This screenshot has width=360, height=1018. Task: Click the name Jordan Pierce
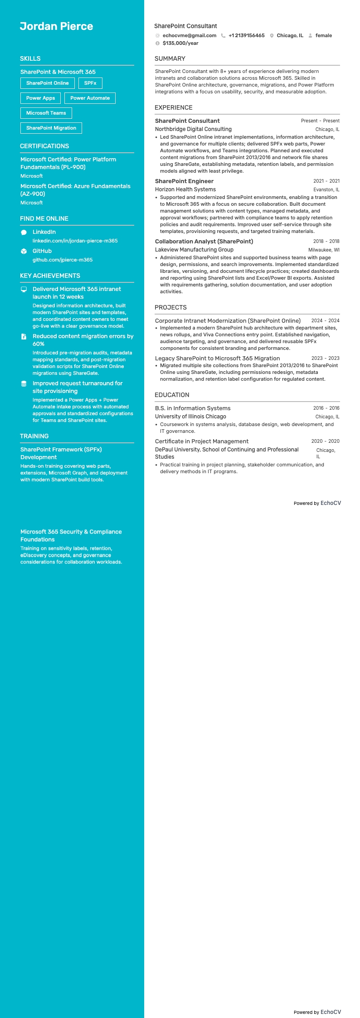click(56, 26)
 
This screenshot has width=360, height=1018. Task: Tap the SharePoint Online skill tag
click(48, 83)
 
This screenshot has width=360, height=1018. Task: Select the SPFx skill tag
click(90, 83)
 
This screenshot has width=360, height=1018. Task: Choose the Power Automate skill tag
click(90, 98)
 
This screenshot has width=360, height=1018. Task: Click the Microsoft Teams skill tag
click(46, 113)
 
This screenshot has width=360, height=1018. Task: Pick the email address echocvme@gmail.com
click(189, 35)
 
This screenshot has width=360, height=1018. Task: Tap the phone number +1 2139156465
click(246, 35)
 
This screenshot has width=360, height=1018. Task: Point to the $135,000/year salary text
click(180, 43)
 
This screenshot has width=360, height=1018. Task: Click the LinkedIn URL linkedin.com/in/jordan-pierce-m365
click(75, 241)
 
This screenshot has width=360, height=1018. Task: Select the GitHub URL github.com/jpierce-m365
click(63, 260)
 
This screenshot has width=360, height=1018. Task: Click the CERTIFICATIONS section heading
click(44, 146)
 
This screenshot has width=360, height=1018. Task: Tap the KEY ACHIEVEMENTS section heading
click(50, 276)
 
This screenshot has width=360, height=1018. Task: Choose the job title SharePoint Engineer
click(184, 181)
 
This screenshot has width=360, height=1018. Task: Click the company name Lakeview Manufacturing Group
click(194, 249)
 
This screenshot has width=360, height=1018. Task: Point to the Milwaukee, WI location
click(324, 250)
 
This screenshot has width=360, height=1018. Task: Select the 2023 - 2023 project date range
click(325, 358)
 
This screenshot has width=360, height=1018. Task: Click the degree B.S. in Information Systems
click(193, 408)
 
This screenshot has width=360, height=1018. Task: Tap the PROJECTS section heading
click(170, 307)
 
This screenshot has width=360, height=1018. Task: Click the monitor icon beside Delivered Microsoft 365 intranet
click(24, 289)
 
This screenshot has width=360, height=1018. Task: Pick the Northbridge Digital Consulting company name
click(193, 129)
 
